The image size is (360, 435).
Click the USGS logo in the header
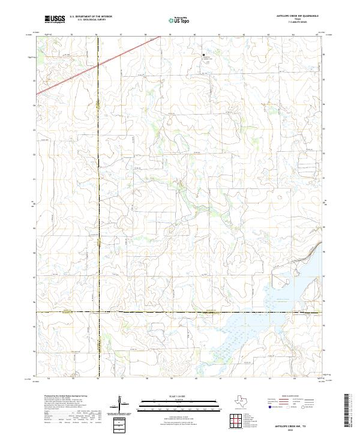pos(55,19)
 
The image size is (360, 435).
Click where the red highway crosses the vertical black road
pos(98,64)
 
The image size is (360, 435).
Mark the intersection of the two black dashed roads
pos(98,313)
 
